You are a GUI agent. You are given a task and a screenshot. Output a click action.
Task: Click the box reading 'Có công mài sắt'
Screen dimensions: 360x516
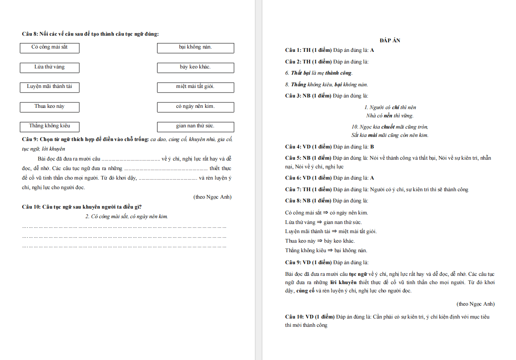pos(49,48)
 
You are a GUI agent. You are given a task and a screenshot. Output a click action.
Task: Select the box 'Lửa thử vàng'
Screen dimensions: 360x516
pos(49,67)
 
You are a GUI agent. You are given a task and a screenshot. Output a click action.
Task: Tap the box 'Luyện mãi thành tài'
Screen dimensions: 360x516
pos(49,87)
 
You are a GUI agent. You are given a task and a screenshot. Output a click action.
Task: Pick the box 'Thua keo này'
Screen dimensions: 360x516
pos(49,107)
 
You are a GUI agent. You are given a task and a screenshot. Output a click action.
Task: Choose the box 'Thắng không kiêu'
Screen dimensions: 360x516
pos(49,126)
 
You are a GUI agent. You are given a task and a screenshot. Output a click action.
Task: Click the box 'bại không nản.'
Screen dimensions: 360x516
pos(195,48)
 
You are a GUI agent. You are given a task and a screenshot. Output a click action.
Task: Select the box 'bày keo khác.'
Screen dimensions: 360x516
pos(195,67)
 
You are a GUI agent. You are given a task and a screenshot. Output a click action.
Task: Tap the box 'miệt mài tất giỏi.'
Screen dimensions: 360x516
pos(195,87)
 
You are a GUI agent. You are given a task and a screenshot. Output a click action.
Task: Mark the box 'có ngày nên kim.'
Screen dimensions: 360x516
pos(195,107)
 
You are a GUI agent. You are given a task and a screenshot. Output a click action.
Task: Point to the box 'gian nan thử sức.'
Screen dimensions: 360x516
pos(195,126)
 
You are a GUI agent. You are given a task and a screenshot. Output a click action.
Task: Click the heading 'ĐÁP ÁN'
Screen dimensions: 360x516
pos(390,41)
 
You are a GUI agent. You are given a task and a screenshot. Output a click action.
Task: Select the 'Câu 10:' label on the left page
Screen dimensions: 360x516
pos(31,207)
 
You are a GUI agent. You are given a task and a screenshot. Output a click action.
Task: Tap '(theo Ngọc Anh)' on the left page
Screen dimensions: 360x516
pos(212,197)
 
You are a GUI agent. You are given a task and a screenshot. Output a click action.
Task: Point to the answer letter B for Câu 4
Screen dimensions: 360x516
pos(372,147)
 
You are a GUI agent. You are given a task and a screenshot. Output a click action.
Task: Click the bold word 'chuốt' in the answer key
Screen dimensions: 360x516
pos(388,127)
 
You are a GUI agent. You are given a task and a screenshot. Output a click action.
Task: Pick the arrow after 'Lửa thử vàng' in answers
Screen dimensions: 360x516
pos(320,222)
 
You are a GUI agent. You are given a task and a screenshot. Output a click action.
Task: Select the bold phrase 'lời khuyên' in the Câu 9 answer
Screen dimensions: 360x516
pos(346,282)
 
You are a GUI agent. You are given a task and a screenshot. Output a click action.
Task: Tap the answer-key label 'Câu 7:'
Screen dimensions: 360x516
pos(293,190)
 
